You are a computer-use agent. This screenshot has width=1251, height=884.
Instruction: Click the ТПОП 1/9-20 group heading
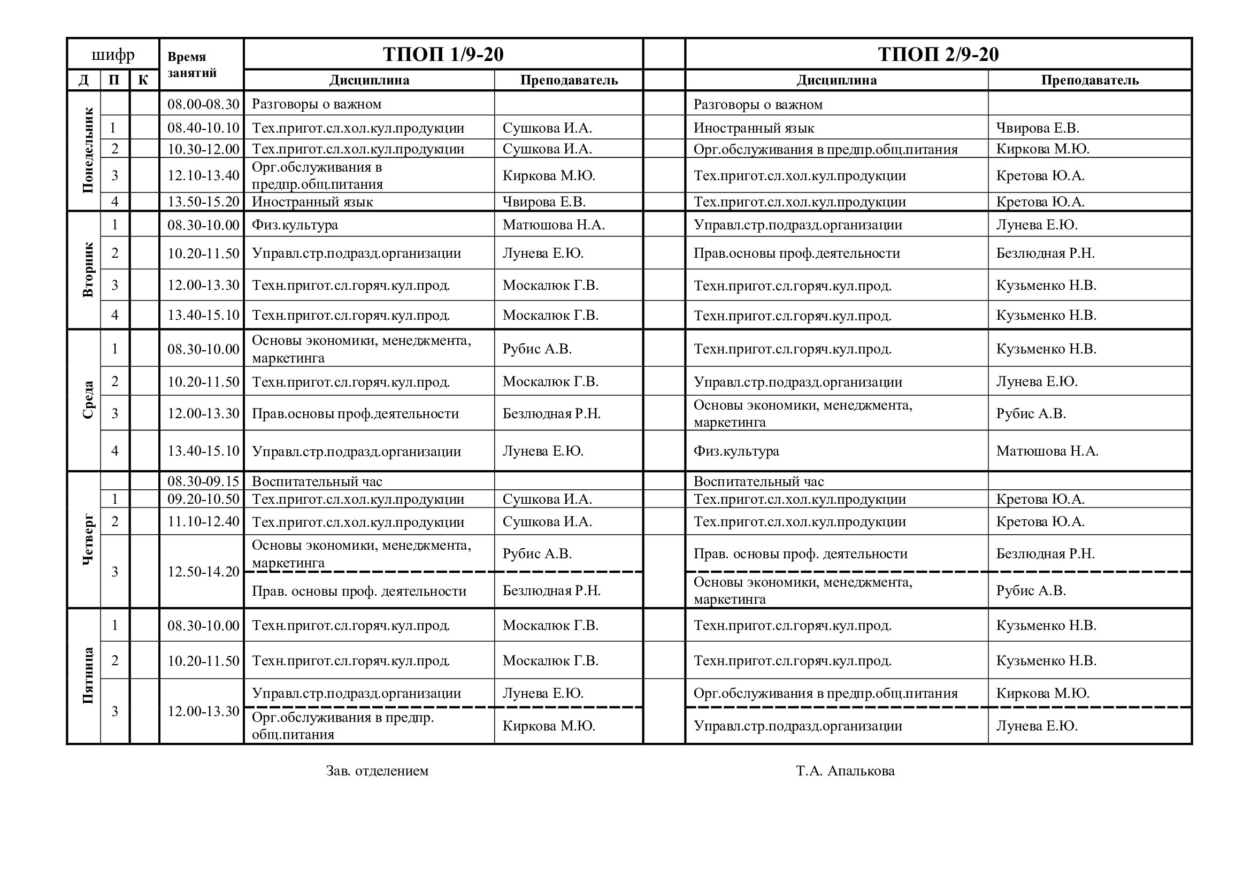tap(443, 55)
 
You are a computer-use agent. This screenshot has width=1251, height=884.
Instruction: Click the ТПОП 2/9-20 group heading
tap(938, 55)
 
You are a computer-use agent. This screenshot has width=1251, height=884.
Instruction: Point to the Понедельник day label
tap(88, 151)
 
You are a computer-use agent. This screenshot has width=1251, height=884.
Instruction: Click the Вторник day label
tap(88, 270)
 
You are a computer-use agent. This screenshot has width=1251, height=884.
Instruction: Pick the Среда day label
tap(88, 400)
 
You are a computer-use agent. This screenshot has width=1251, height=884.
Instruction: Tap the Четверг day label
tap(88, 539)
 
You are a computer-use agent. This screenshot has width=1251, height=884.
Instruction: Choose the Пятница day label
tap(88, 675)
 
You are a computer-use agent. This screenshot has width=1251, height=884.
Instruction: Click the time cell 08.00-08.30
tap(203, 104)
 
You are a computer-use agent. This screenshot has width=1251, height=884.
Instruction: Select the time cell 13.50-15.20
tap(203, 202)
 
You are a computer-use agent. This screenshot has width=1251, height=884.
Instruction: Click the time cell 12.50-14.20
tap(203, 572)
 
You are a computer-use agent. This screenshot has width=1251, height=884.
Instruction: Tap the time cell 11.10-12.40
tap(203, 522)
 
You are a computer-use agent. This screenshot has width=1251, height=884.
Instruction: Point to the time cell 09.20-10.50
tap(203, 499)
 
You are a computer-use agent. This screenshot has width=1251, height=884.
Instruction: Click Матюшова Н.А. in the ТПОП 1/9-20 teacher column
tap(554, 225)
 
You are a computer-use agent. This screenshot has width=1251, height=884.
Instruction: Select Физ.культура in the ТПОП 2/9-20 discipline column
tap(736, 451)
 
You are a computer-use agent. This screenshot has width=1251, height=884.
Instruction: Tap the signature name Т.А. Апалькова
tap(845, 771)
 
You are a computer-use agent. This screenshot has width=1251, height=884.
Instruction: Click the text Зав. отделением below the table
tap(377, 771)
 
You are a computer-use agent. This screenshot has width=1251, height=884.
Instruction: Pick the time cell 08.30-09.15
tap(203, 481)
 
